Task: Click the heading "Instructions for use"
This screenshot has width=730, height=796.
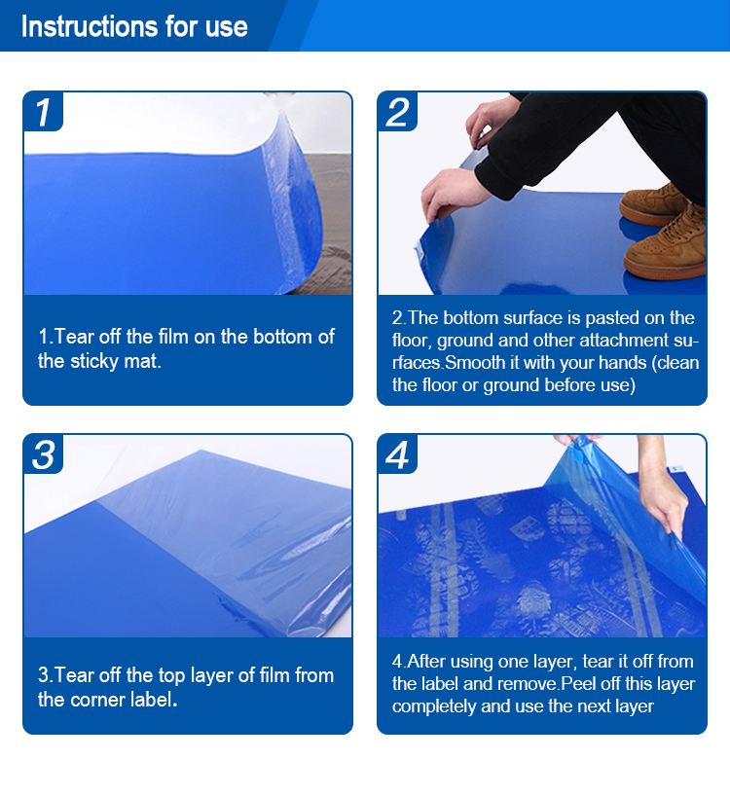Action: [x=134, y=26]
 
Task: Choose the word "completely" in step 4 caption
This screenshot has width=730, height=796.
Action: [x=436, y=706]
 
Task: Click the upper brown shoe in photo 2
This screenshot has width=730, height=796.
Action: [x=653, y=203]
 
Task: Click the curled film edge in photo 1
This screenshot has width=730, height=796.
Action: [x=296, y=195]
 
